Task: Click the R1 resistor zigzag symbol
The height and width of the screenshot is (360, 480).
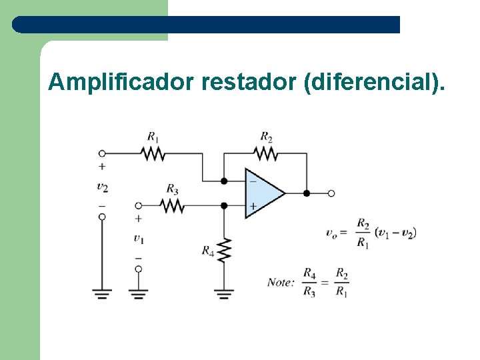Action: [x=153, y=153]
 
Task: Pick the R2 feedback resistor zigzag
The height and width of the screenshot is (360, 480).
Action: [x=266, y=153]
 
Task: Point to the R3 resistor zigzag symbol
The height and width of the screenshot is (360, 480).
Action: [x=172, y=205]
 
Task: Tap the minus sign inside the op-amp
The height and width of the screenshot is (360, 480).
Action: [x=253, y=181]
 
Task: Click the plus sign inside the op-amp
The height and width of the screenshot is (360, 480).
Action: [x=253, y=206]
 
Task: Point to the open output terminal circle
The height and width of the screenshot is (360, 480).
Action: [x=331, y=193]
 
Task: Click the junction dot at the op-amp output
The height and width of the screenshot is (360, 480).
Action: [x=307, y=193]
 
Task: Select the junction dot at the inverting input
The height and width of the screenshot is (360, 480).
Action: [x=224, y=181]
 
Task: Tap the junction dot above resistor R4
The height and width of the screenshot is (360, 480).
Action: [x=224, y=206]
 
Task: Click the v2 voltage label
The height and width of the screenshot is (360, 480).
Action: [x=102, y=186]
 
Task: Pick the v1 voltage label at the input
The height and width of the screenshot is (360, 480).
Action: [x=138, y=237]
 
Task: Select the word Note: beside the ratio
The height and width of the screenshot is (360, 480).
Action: [x=281, y=282]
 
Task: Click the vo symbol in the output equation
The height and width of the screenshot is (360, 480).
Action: [x=331, y=233]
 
